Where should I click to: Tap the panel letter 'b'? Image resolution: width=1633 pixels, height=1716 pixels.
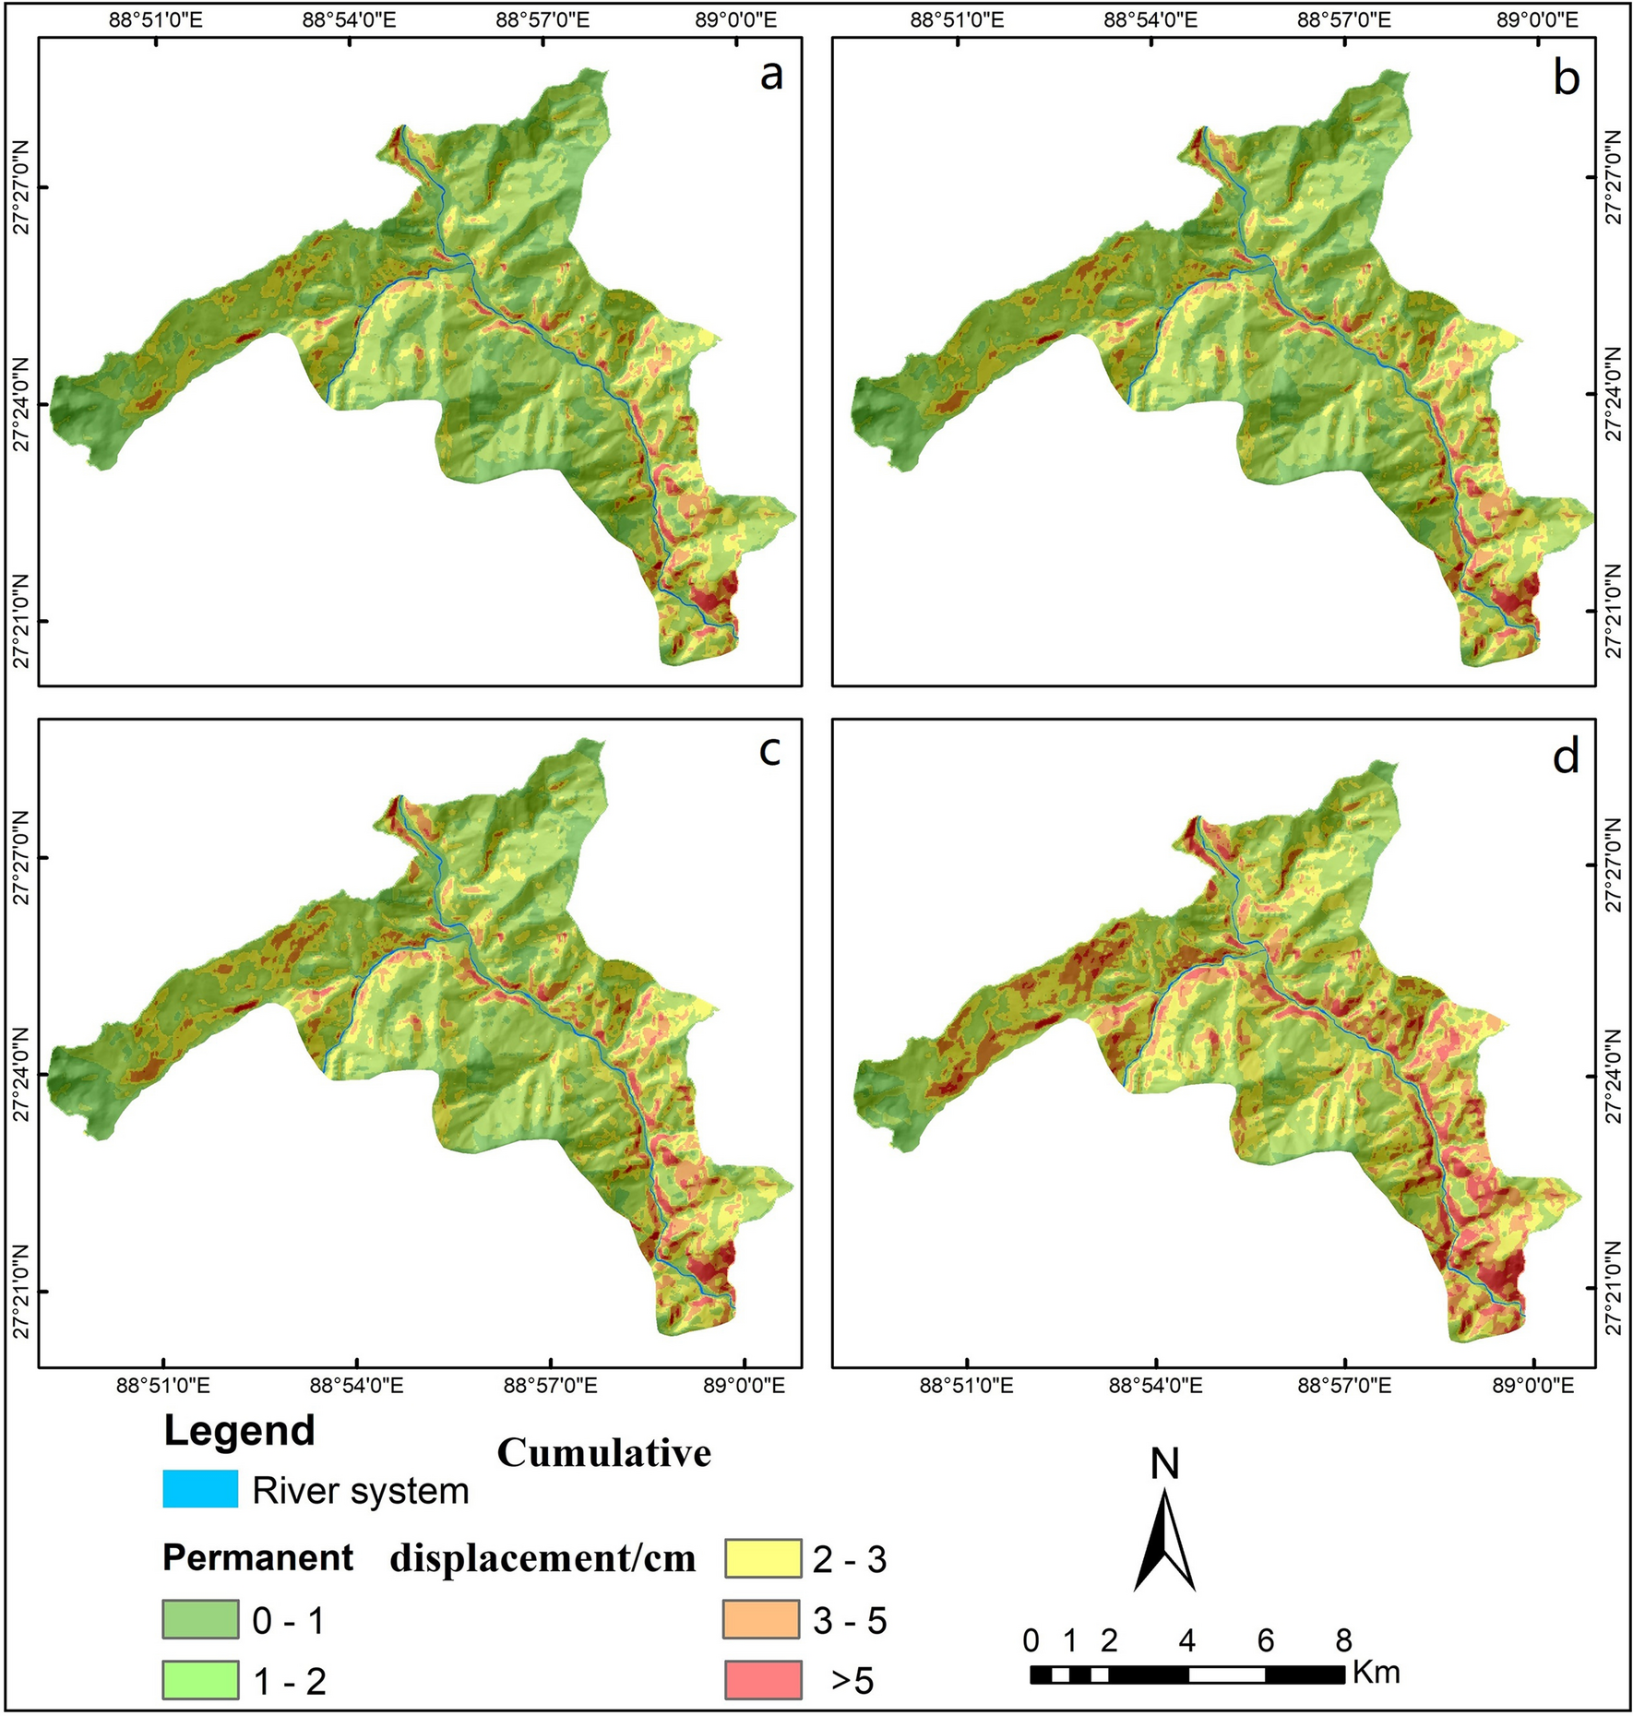tap(1567, 77)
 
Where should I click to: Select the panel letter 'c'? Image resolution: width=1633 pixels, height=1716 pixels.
tap(769, 751)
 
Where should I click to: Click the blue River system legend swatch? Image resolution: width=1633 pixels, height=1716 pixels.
tap(200, 1490)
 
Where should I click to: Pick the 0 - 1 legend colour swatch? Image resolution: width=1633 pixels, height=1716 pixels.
tap(200, 1619)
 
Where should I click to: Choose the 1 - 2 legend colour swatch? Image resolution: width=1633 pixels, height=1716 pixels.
tap(200, 1679)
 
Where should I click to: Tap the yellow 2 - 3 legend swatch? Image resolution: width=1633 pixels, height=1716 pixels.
tap(761, 1558)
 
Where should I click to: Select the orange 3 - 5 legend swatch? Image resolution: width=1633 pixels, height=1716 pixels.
tap(761, 1619)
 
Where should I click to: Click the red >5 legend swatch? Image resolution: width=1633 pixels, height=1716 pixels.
tap(761, 1679)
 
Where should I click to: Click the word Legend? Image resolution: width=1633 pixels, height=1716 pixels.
tap(239, 1431)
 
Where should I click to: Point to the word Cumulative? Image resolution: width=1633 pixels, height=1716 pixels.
tap(604, 1453)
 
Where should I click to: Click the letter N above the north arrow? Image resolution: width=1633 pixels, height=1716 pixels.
tap(1165, 1464)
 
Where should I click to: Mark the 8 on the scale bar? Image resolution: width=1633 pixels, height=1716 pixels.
tap(1343, 1640)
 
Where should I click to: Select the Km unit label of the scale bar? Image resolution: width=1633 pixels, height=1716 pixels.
tap(1376, 1672)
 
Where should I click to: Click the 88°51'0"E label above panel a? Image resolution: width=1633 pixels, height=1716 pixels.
tap(156, 20)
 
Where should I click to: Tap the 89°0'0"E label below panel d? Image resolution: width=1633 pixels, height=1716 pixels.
tap(1533, 1386)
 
